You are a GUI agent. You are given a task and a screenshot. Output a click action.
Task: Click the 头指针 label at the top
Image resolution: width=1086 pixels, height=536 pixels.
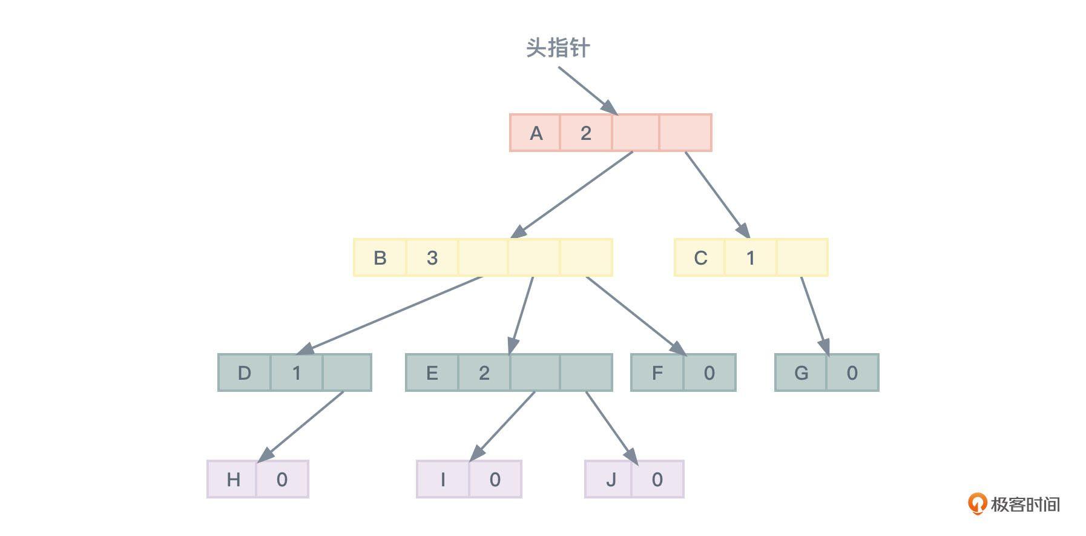[x=557, y=48]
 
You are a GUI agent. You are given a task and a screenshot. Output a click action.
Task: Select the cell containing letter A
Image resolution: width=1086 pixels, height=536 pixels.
[x=536, y=133]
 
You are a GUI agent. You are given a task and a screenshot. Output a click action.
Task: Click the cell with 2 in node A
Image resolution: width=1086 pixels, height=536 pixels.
[x=585, y=133]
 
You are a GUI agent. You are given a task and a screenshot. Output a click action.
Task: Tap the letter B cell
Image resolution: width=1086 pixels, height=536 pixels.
[x=380, y=257]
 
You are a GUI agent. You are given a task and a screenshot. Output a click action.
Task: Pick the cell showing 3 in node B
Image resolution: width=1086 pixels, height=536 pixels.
[x=432, y=257]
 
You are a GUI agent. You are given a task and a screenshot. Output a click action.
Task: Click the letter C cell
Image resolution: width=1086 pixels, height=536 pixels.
[x=700, y=257]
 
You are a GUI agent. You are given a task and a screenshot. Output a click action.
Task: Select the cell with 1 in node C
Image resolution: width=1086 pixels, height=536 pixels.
[x=750, y=257]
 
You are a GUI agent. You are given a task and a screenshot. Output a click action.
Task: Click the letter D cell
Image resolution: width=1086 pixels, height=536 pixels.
[x=244, y=372]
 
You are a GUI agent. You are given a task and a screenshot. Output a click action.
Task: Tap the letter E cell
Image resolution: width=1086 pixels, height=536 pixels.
[x=432, y=372]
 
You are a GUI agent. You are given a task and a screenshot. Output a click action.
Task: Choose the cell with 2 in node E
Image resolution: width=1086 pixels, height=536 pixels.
[x=484, y=372]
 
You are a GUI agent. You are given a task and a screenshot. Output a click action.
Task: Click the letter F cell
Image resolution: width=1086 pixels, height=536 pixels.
[x=657, y=372]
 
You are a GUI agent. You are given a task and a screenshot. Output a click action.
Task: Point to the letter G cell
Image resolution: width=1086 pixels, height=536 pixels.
[x=800, y=372]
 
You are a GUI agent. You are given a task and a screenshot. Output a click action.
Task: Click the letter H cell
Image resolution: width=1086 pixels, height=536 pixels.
[x=232, y=479]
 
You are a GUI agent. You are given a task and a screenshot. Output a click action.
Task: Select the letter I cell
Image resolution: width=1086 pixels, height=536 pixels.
[x=443, y=479]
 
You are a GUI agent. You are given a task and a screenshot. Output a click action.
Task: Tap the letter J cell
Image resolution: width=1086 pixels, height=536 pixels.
[x=610, y=479]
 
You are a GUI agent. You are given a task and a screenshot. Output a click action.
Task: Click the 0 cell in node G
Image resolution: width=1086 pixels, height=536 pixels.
[x=852, y=372]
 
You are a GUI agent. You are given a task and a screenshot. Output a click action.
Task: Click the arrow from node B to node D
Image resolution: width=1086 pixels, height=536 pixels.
[x=393, y=314]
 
